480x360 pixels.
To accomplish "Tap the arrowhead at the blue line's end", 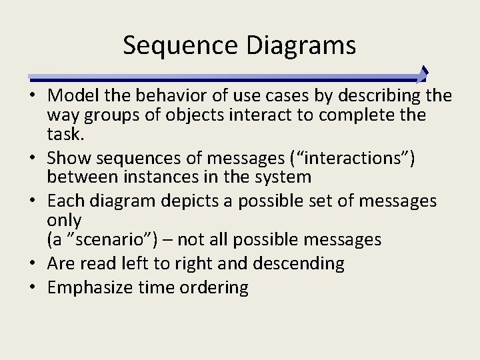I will (x=423, y=74).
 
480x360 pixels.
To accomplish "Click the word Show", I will (x=70, y=158).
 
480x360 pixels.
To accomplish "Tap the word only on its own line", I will (x=64, y=220).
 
